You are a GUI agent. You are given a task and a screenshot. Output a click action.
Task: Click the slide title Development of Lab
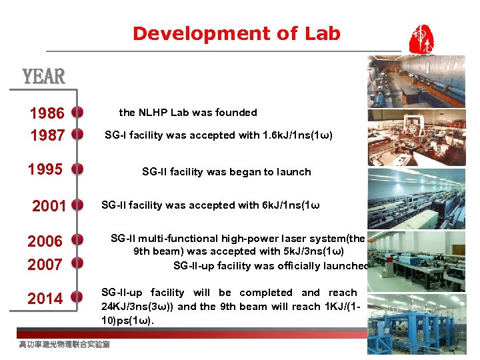coord(236,33)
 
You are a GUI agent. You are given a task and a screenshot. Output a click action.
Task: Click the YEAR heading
coord(44,77)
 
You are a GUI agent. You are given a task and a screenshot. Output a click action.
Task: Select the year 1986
coord(47,113)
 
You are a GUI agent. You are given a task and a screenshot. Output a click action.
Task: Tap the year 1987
coord(47,135)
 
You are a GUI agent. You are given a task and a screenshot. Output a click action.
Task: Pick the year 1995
coord(45,169)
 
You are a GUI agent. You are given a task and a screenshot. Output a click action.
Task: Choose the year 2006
coord(45,241)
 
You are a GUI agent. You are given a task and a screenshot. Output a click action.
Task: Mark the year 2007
coord(45,264)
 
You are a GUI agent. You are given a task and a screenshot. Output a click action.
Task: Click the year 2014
coord(45,298)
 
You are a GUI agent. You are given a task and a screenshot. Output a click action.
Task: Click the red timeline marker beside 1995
coord(77,169)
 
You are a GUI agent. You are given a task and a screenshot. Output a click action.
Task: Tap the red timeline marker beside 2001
coord(77,205)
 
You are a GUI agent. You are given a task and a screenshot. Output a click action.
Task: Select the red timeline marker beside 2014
coord(77,297)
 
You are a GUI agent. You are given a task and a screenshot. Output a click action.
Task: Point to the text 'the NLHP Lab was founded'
coord(187,113)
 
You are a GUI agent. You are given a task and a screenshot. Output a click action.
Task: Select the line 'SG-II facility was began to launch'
coord(226,172)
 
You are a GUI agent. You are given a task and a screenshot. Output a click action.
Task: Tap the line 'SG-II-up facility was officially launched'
coord(271,266)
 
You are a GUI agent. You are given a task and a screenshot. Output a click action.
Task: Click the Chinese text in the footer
coord(64,345)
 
